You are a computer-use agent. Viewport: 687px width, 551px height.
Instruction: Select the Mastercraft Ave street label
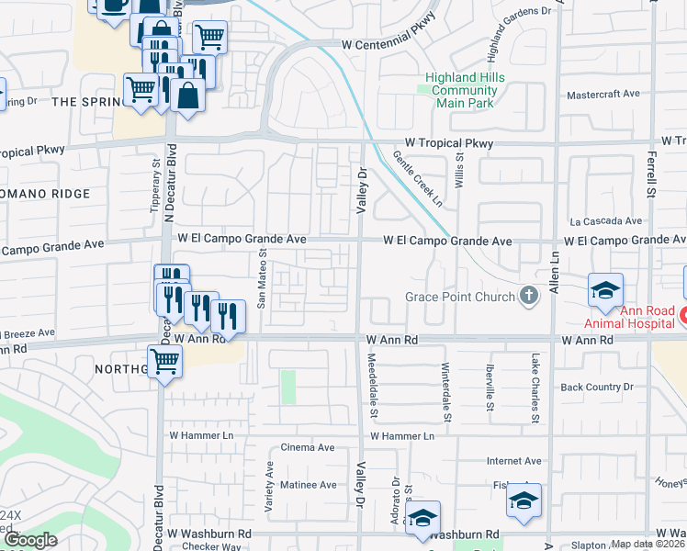click(603, 95)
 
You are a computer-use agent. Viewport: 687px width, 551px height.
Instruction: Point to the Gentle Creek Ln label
click(418, 178)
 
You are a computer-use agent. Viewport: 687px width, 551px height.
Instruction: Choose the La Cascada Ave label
click(605, 221)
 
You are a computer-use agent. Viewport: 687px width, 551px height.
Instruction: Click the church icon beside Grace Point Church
click(528, 296)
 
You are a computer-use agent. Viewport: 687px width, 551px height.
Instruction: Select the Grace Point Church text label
click(459, 298)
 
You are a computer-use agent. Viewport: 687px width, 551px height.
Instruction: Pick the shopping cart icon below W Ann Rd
click(165, 361)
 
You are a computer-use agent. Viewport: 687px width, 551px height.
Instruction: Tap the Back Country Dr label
click(597, 388)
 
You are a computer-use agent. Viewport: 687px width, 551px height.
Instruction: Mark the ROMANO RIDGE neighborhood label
click(45, 195)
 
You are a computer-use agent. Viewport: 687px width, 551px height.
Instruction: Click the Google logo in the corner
click(30, 540)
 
